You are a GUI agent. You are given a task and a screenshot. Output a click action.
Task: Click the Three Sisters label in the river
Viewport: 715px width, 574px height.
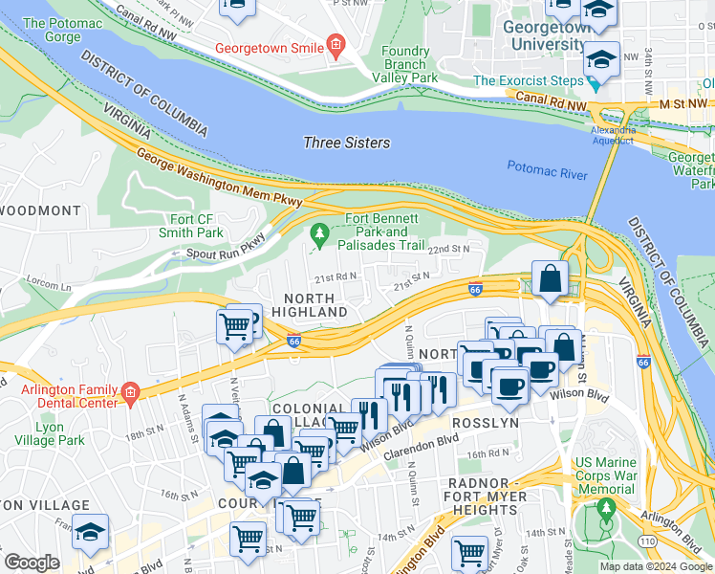(346, 143)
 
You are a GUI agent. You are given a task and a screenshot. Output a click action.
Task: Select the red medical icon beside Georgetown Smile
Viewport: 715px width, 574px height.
(336, 46)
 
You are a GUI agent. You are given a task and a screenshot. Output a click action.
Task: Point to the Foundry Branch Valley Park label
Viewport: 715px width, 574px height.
(409, 64)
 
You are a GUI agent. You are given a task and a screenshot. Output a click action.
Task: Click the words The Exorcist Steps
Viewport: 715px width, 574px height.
(529, 81)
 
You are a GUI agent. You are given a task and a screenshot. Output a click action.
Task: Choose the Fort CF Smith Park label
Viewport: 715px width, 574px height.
(196, 225)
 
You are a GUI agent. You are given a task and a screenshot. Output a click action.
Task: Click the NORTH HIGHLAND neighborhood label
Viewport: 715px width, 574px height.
(309, 305)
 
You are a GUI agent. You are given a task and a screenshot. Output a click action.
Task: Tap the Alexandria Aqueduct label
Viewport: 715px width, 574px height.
(613, 134)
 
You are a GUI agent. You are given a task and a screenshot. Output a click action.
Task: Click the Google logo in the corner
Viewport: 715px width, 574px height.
(32, 563)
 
